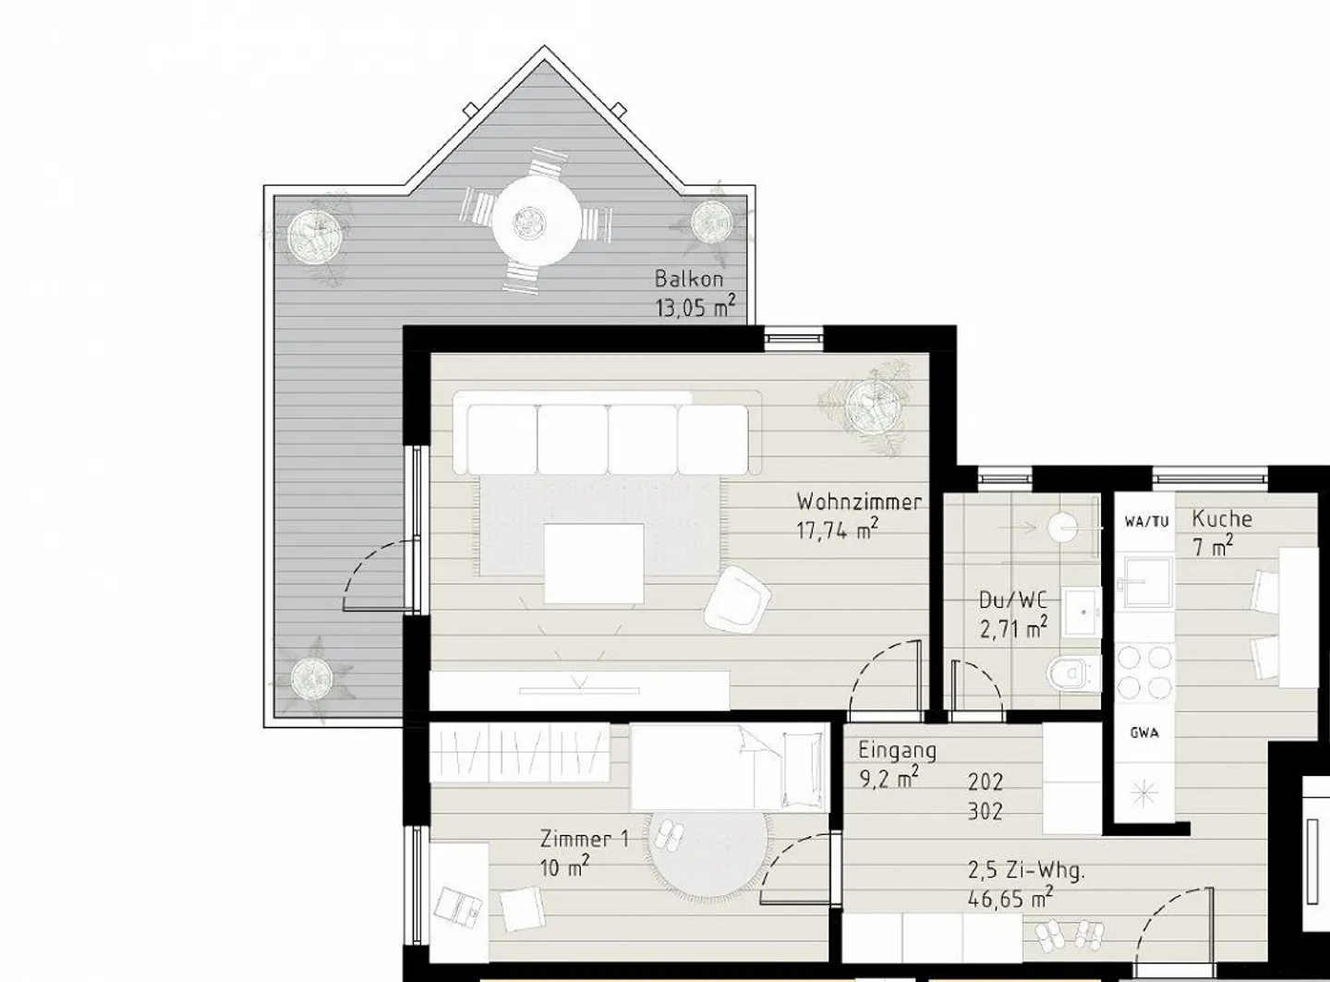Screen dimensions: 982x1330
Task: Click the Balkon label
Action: point(688,278)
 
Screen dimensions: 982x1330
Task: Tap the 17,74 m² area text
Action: point(836,530)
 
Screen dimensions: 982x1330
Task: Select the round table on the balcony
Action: point(536,222)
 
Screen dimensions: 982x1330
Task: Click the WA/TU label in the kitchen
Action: point(1146,521)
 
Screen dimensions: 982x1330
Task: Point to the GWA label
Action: point(1145,733)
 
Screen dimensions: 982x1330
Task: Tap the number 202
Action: point(985,782)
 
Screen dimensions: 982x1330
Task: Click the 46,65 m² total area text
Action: point(1010,897)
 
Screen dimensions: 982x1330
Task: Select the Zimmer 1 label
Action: point(584,839)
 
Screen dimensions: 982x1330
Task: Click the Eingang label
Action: point(897,750)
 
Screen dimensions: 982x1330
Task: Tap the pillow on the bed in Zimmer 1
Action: point(803,766)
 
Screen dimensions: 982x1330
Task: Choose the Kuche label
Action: point(1221,518)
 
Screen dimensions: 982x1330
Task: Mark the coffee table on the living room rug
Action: point(594,562)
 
